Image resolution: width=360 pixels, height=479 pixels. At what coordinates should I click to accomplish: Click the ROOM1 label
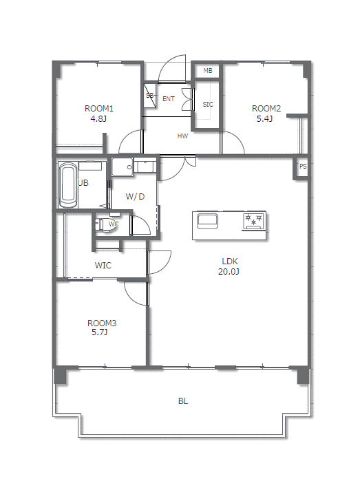98,109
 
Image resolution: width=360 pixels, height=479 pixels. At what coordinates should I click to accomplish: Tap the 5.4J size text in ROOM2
264,119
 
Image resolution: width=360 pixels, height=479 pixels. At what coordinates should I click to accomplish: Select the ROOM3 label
102,323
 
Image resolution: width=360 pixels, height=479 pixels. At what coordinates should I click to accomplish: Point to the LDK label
229,262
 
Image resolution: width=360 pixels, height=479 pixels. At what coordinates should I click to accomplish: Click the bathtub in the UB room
68,185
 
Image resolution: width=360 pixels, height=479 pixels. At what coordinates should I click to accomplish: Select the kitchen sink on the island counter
207,221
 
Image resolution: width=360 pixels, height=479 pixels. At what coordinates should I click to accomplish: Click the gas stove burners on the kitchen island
253,220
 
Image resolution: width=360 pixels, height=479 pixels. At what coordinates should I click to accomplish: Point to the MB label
208,71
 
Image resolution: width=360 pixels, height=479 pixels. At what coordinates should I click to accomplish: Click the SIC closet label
208,105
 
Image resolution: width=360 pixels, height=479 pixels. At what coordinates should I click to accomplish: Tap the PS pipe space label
303,167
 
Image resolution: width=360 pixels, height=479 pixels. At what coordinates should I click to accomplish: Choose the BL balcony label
182,401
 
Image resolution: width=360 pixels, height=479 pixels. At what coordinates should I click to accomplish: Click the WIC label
103,265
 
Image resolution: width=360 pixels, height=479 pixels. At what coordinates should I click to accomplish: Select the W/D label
135,196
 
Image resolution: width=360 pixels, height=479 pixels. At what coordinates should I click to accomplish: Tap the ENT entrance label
169,99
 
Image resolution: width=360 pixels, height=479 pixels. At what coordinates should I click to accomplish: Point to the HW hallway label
182,136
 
